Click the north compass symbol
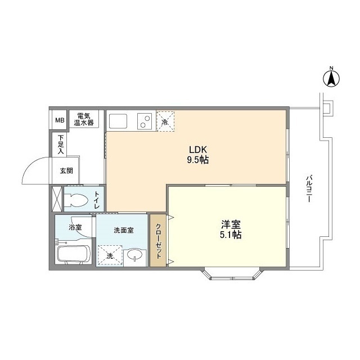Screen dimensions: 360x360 pos(331,78)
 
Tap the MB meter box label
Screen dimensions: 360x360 pos(59,120)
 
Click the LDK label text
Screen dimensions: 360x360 pos(198,150)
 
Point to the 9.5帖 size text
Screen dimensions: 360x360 pos(198,160)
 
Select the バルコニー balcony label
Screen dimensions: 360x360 pos(309,190)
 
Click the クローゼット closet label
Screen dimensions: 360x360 pos(158,240)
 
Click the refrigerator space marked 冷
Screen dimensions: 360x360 pos(165,121)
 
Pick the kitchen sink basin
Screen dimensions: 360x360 pos(119,121)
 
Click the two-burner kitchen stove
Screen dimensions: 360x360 pos(143,121)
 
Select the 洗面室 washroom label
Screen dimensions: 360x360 pos(123,229)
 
